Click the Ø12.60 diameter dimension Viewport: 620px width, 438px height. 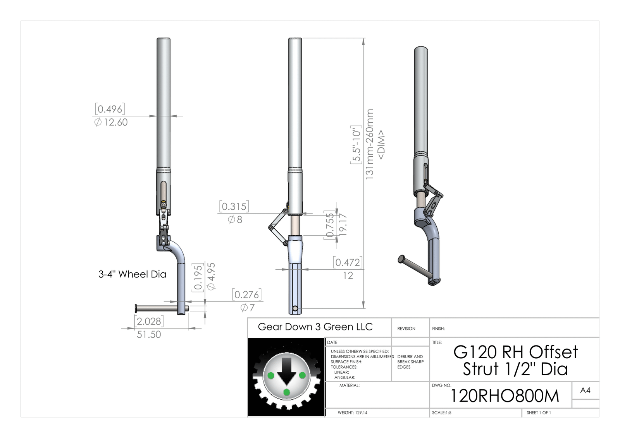pos(111,122)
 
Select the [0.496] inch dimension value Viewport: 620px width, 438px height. pos(110,109)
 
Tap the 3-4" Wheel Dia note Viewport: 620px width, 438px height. pos(132,274)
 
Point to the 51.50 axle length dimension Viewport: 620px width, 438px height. pos(149,334)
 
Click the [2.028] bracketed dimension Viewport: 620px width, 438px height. pos(149,321)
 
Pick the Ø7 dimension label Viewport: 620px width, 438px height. pos(248,308)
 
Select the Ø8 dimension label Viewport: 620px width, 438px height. pos(235,220)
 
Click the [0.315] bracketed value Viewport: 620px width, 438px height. pos(234,207)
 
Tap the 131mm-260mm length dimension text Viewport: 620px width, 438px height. pos(370,144)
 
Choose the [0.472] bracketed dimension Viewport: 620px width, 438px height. pos(348,262)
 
